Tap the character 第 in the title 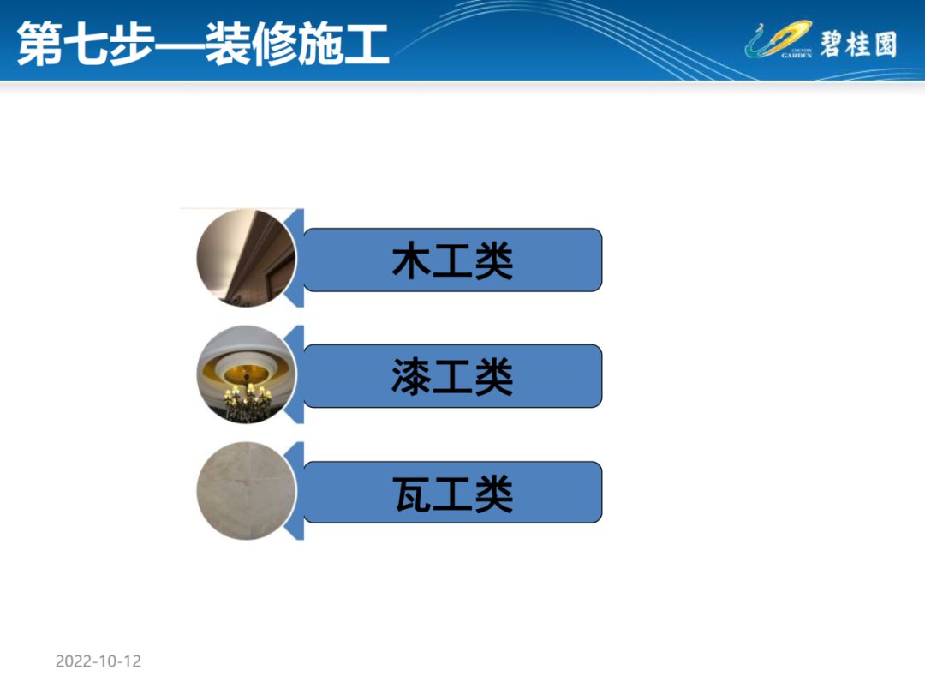click(x=40, y=44)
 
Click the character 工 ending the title click(x=367, y=45)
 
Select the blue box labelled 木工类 click(x=452, y=260)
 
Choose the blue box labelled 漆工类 click(x=452, y=376)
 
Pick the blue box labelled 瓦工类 click(x=452, y=492)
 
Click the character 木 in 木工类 click(x=412, y=260)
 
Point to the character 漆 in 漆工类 click(x=412, y=376)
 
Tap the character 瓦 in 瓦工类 click(x=412, y=494)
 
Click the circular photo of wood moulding click(x=246, y=259)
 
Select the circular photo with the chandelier click(x=246, y=374)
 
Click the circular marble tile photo click(x=246, y=491)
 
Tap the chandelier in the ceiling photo click(x=248, y=398)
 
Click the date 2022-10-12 click(x=98, y=661)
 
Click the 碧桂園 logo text click(x=859, y=45)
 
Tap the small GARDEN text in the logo click(x=797, y=56)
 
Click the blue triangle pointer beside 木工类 click(x=295, y=259)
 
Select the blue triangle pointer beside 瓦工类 click(x=295, y=491)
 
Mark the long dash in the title click(x=180, y=45)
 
